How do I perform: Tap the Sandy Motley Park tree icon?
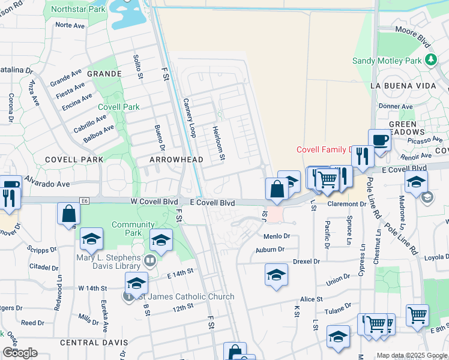430,60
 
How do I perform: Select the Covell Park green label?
119,107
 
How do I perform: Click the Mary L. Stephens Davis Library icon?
150,260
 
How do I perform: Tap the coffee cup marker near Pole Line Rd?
379,140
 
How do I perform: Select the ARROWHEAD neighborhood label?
176,160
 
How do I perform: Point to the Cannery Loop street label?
190,118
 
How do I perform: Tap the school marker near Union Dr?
276,275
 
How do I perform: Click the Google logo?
20,353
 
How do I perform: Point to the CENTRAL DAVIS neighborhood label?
94,342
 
